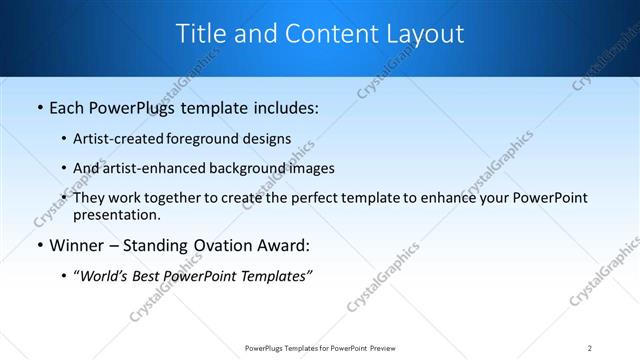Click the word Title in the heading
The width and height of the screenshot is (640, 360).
pyautogui.click(x=201, y=34)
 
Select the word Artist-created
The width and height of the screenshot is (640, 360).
pyautogui.click(x=114, y=138)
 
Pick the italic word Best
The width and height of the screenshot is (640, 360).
pyautogui.click(x=150, y=276)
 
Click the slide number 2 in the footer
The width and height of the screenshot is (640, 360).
pyautogui.click(x=590, y=347)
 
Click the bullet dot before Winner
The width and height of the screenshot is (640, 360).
pyautogui.click(x=39, y=245)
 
